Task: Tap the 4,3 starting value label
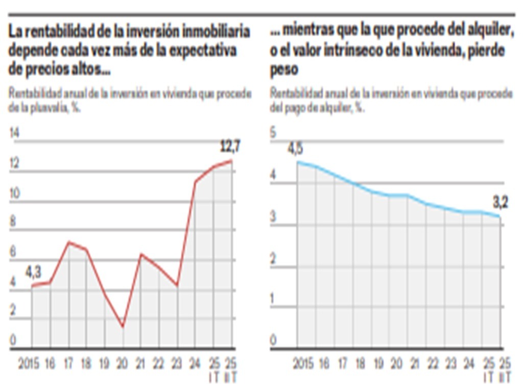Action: [33, 273]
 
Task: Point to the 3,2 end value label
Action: [501, 203]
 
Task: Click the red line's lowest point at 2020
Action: [123, 327]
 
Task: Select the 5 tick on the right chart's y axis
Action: [273, 134]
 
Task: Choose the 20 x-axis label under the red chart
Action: [123, 364]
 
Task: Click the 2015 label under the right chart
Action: [304, 364]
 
